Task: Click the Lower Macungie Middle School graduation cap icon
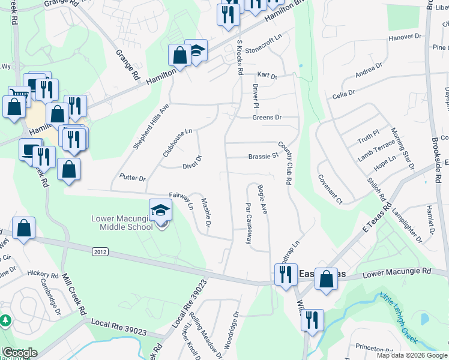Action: coord(160,210)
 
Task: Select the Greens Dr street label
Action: coord(266,118)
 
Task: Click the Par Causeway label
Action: coord(248,223)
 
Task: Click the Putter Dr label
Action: coord(133,178)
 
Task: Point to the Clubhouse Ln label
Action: coord(177,142)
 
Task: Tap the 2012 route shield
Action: coord(101,252)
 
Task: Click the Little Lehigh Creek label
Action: coord(398,317)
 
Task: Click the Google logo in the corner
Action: coord(20,352)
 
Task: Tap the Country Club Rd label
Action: coord(284,163)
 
